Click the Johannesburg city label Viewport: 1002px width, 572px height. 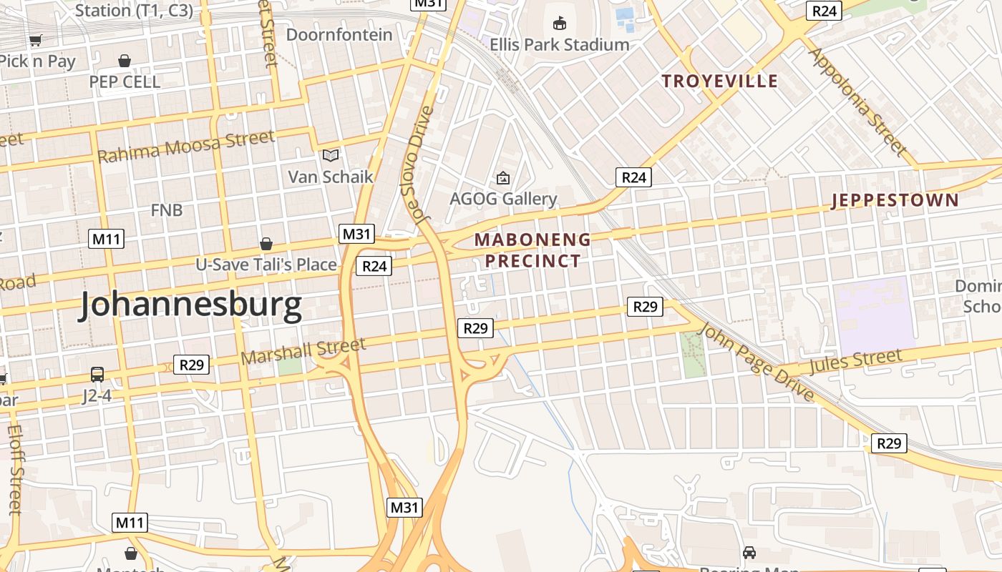(x=190, y=305)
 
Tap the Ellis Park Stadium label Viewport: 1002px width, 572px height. (x=559, y=44)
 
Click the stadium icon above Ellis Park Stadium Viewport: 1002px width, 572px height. (x=560, y=24)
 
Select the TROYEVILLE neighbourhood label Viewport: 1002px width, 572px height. (x=719, y=81)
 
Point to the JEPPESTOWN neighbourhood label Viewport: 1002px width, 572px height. (x=895, y=200)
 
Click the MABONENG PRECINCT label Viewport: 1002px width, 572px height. (x=533, y=250)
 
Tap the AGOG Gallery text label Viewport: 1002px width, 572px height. (x=503, y=199)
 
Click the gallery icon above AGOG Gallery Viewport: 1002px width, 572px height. (x=503, y=178)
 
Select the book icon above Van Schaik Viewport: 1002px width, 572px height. (x=331, y=155)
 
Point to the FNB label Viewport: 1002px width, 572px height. (x=167, y=210)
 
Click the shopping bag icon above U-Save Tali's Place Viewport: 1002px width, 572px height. (x=266, y=245)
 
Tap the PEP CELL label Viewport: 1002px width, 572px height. (x=125, y=82)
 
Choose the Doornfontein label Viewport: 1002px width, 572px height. (x=339, y=34)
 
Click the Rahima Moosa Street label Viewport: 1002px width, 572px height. (x=186, y=146)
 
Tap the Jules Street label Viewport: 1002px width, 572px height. (x=856, y=361)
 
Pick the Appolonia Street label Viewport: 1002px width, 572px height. (x=857, y=102)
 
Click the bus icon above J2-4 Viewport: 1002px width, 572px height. (x=97, y=375)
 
